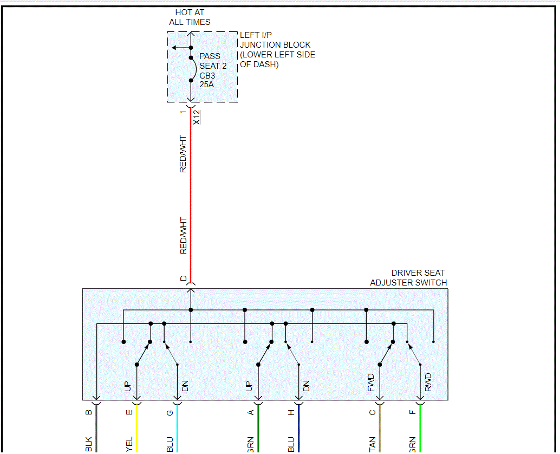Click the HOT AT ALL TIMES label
point(190,17)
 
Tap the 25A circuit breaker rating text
point(207,85)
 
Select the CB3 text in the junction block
point(207,75)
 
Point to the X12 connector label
point(197,117)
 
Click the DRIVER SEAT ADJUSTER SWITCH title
point(409,278)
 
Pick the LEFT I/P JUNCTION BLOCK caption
point(277,50)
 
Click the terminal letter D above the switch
point(184,278)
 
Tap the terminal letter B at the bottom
point(89,412)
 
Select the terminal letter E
point(129,412)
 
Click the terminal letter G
point(170,412)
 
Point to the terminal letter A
point(251,412)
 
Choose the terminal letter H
point(291,412)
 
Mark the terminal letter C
point(372,412)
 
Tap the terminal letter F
point(413,412)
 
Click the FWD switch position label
point(371,382)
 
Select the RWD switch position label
point(428,382)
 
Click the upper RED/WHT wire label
point(183,154)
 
